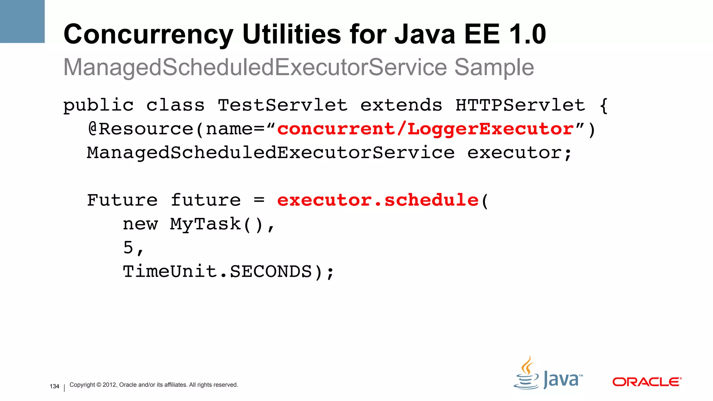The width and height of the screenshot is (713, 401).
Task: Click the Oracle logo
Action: [x=647, y=382]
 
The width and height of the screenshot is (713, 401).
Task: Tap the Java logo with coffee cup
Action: [x=548, y=374]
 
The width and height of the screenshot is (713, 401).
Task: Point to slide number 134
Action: [x=54, y=386]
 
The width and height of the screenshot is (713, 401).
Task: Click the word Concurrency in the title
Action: [x=148, y=34]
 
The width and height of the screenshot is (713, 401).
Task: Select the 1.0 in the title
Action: [x=527, y=34]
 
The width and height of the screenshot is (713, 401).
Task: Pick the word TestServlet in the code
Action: [x=283, y=105]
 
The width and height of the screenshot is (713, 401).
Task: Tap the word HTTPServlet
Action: [x=520, y=105]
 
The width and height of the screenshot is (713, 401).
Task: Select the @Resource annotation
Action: [x=140, y=129]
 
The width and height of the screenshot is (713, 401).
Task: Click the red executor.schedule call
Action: [x=378, y=200]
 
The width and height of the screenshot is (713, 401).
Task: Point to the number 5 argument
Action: [x=128, y=247]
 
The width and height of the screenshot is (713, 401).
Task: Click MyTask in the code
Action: [x=205, y=224]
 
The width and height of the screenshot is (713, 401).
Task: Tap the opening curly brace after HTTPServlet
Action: [x=604, y=105]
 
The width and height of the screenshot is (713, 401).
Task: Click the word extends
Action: [x=401, y=105]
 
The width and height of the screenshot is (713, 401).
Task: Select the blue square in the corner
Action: [x=22, y=21]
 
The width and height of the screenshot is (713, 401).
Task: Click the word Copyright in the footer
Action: [x=82, y=385]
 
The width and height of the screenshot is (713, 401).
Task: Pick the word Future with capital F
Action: [x=122, y=200]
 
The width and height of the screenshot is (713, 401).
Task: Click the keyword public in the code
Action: [x=99, y=105]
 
